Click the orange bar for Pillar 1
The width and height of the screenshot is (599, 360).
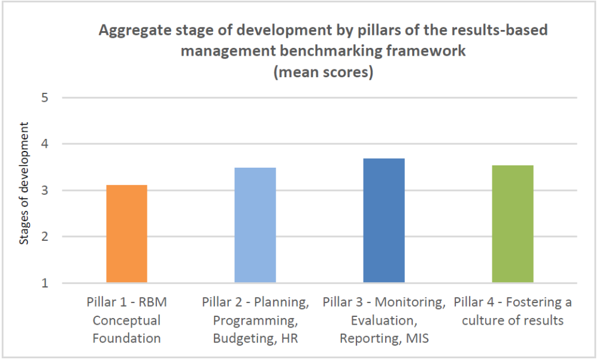(x=126, y=234)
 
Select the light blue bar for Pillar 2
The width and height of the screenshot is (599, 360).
(x=255, y=225)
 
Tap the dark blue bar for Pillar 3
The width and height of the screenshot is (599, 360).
(x=384, y=220)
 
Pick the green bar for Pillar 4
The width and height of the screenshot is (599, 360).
(x=513, y=224)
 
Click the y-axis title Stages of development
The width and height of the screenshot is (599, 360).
(x=24, y=183)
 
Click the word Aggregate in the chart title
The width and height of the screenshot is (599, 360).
(x=131, y=31)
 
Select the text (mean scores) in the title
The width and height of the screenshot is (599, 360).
(x=323, y=72)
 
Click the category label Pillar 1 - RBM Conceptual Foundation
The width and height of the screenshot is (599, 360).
(x=126, y=320)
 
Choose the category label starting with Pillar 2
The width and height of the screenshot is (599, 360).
(x=255, y=320)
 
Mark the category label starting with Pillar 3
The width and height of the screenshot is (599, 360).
(x=384, y=320)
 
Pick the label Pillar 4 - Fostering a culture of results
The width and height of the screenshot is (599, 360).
(x=513, y=311)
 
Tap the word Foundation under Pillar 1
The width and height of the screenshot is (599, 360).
(x=126, y=338)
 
